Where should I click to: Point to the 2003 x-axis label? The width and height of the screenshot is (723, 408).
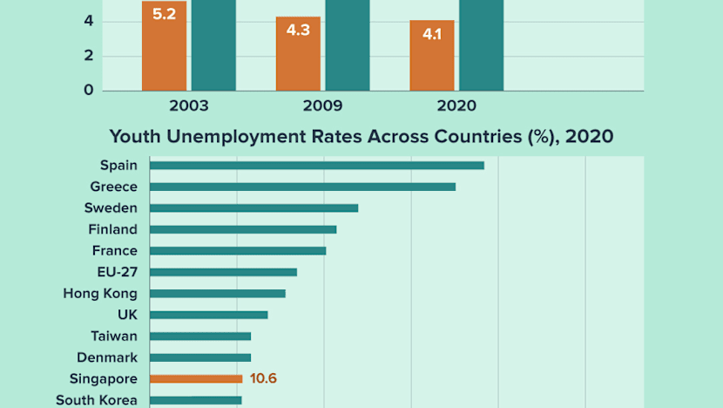pos(188,106)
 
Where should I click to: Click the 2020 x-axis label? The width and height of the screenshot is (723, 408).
pos(456,106)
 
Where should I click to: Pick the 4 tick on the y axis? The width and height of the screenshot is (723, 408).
pos(88,21)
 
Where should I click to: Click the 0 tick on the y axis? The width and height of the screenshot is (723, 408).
pos(88,90)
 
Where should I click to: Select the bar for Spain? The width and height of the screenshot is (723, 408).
pos(316,166)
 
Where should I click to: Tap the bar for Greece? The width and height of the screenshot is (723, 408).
pos(302,187)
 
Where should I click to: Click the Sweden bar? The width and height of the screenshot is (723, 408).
pos(253,207)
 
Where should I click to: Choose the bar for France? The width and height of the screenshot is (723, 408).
pos(238,250)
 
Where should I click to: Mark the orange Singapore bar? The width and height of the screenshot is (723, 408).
pos(196,378)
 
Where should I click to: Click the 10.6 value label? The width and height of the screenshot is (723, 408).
pos(262,378)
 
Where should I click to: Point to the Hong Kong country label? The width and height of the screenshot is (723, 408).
pos(100,294)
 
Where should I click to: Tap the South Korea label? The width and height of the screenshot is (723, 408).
pos(97,400)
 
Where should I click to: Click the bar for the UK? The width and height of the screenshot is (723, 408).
pos(208,315)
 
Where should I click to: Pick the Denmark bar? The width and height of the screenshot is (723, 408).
pos(200,357)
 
